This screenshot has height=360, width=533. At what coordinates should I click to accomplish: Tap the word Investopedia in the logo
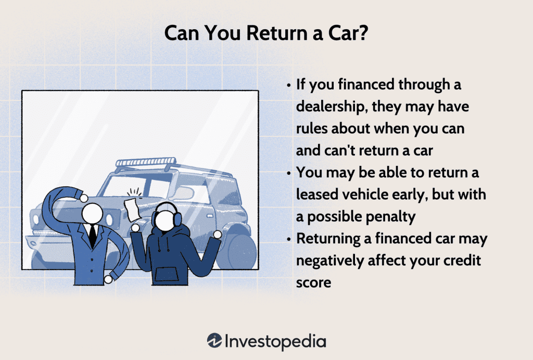[x=276, y=342]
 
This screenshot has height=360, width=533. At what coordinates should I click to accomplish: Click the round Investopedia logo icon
[x=214, y=341]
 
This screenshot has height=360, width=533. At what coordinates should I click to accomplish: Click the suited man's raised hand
[x=83, y=197]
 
